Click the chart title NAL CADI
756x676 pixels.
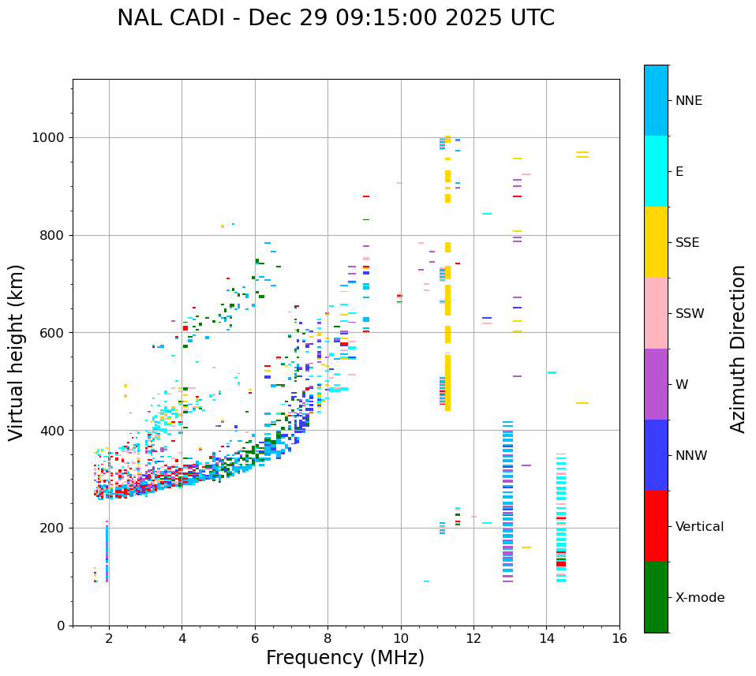coord(335,18)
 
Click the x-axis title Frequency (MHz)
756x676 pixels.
coord(345,658)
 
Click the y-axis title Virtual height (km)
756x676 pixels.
coord(17,353)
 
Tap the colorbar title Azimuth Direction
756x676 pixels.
coord(738,349)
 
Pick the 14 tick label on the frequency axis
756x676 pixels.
coord(547,639)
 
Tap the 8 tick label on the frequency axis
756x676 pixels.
coord(328,639)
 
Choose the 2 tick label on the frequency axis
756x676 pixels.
coord(109,639)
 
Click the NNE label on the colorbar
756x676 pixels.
coord(689,101)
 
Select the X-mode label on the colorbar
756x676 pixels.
coord(700,598)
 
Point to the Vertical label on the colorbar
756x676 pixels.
coord(699,527)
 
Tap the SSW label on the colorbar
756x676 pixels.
coord(690,314)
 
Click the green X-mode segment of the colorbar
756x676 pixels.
coord(656,597)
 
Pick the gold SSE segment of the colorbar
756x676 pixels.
coord(656,242)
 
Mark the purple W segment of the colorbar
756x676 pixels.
coord(656,384)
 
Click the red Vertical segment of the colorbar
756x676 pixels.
coord(656,526)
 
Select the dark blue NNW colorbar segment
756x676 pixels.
coord(656,455)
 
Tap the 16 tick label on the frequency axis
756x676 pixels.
coord(619,639)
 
